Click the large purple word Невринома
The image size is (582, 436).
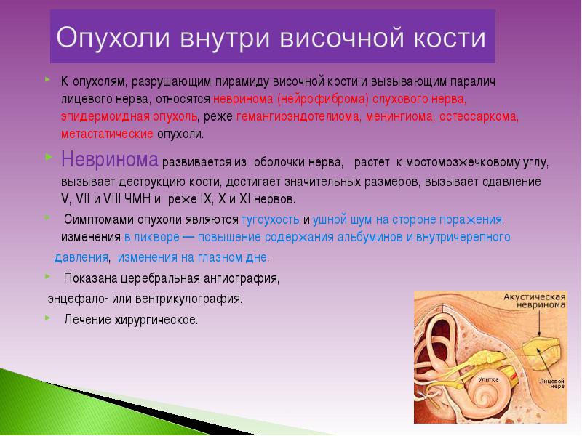click(110, 159)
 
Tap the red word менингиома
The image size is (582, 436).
click(399, 116)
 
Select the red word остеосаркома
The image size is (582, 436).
click(479, 116)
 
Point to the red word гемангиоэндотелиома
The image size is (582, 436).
click(298, 116)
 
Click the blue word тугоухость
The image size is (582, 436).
click(270, 219)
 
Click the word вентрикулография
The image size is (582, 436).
click(188, 299)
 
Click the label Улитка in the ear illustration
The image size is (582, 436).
click(488, 379)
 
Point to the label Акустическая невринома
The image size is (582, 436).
click(535, 301)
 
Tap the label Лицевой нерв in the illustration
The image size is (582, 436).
click(552, 383)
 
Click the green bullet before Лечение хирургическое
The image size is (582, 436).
click(47, 318)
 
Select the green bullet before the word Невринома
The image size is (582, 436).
click(49, 157)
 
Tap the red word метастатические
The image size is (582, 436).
click(107, 134)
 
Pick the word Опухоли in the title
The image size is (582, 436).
click(113, 38)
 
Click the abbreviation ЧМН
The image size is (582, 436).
click(137, 198)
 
